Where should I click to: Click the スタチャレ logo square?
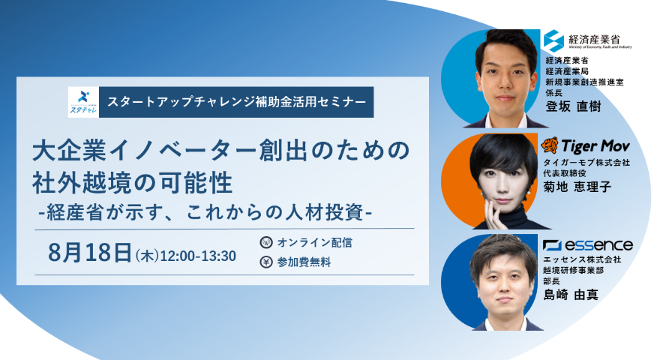click(x=83, y=102)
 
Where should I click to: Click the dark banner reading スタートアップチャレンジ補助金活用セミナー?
click(x=236, y=102)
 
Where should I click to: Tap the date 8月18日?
click(x=90, y=253)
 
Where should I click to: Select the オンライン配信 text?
click(x=314, y=242)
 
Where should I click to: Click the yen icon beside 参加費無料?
click(x=266, y=262)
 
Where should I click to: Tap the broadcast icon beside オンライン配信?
click(x=266, y=242)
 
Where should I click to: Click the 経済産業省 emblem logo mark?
click(x=553, y=40)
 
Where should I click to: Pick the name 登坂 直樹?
click(x=573, y=106)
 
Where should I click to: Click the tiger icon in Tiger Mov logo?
click(x=550, y=145)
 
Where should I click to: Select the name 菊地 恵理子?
click(x=577, y=187)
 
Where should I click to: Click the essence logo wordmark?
click(x=587, y=245)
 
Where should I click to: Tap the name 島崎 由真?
click(x=571, y=295)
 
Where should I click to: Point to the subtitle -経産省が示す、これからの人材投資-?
click(x=205, y=212)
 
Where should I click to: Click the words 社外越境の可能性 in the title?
click(x=133, y=183)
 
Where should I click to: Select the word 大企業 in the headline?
click(x=70, y=151)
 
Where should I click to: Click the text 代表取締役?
click(x=565, y=173)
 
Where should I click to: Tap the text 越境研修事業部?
click(x=573, y=270)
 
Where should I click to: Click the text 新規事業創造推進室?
click(x=585, y=82)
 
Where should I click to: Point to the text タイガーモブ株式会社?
click(x=586, y=162)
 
